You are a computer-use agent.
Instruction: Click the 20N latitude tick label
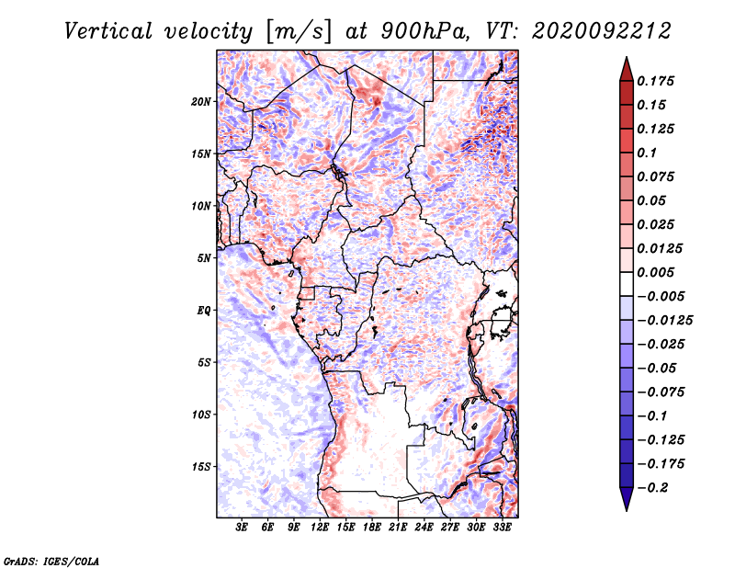pos(201,102)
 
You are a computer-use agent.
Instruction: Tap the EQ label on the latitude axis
pos(204,311)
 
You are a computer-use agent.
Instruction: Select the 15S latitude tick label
pos(201,467)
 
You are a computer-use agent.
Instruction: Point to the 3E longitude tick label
pos(242,528)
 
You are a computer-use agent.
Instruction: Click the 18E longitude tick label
pos(372,528)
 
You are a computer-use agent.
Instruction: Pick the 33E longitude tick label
pos(502,528)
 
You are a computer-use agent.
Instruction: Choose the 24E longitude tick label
pos(424,528)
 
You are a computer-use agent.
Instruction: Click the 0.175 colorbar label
pos(655,81)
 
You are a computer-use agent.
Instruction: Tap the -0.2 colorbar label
pos(652,488)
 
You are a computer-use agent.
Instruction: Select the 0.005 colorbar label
pos(655,272)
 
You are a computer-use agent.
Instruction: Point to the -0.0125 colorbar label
pos(664,321)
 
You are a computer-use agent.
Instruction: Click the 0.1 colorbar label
pos(647,153)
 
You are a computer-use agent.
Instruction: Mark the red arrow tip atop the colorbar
pos(627,58)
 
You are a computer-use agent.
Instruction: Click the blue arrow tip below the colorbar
pos(627,510)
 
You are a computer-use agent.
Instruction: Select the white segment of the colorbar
pos(627,284)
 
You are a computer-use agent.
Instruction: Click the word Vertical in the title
pos(108,31)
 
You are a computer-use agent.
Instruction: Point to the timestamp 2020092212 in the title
pos(602,31)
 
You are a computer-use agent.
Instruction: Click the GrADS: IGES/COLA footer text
pos(51,561)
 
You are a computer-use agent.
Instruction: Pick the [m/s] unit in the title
pos(299,31)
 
